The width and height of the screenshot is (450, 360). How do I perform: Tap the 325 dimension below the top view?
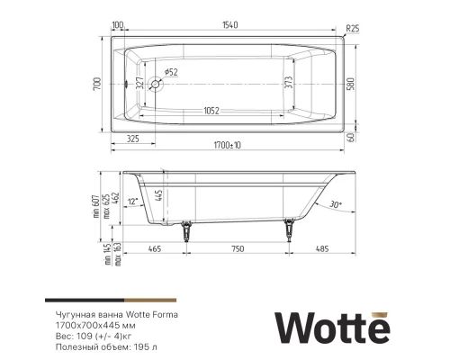click(132, 139)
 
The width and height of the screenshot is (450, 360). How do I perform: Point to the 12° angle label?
click(133, 201)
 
